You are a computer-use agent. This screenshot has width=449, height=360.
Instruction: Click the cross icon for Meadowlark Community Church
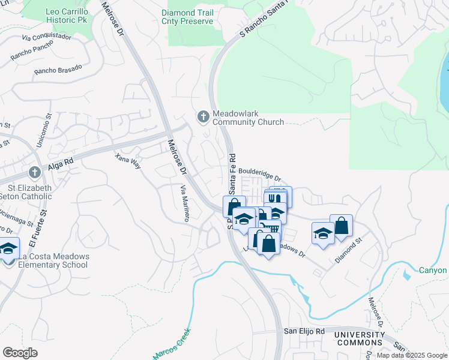pos(203,116)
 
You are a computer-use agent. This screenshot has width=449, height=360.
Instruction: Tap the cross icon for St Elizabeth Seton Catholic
pos(35,173)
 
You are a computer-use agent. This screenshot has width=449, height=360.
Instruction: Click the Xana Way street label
pos(127,161)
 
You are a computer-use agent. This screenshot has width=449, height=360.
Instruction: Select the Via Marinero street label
pos(184,203)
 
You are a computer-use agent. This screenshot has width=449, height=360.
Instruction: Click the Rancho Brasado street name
pos(58,70)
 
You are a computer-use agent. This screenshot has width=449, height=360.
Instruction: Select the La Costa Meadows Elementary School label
pos(53,260)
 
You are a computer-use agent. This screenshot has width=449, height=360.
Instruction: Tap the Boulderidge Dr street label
pos(259,174)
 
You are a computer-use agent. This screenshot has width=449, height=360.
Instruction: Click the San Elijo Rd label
pos(304,331)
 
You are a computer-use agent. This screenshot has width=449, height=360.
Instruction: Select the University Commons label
pos(359,338)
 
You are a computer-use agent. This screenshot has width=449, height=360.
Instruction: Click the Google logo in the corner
pos(20,353)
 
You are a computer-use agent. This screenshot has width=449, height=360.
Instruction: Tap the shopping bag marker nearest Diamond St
pos(341,226)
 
